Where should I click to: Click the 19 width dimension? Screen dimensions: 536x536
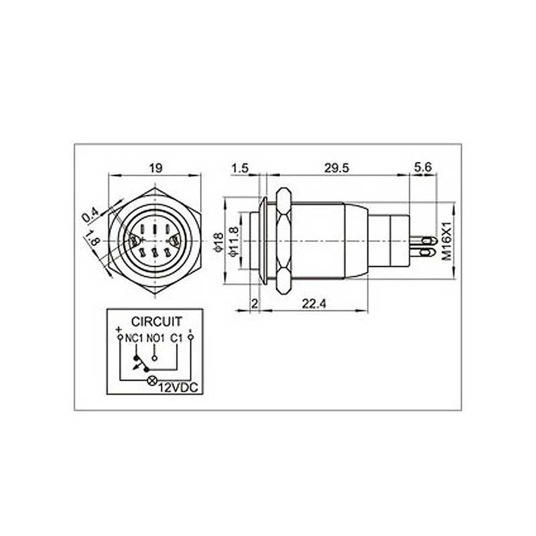click(155, 168)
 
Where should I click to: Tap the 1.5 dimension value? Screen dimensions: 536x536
click(240, 169)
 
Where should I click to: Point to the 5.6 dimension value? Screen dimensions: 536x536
click(423, 167)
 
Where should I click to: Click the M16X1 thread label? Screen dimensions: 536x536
click(447, 241)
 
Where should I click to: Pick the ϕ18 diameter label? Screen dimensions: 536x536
click(218, 242)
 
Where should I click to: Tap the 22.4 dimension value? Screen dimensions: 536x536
click(314, 304)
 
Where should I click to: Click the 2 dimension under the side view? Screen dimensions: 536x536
click(255, 304)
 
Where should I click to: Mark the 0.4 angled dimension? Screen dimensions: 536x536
click(90, 215)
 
